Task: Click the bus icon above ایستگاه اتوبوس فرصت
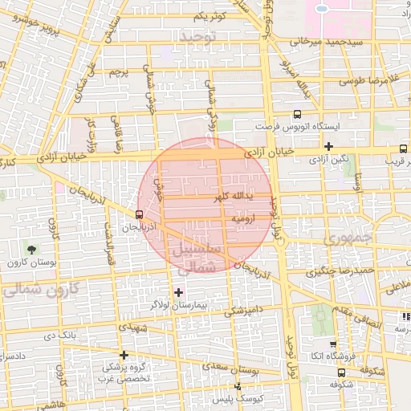[297, 115]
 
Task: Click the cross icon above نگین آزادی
[329, 146]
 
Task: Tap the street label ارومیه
[243, 218]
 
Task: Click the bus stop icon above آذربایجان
[140, 215]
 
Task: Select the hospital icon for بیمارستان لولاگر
[178, 291]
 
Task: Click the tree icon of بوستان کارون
[32, 251]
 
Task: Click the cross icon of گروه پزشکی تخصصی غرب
[124, 355]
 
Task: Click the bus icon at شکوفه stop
[343, 372]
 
